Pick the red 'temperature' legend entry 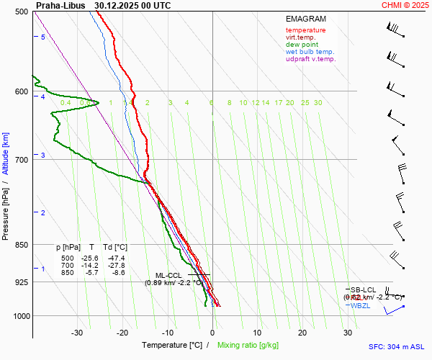pyautogui.click(x=305, y=30)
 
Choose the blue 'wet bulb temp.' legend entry pyautogui.click(x=310, y=52)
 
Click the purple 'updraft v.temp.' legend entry pyautogui.click(x=310, y=59)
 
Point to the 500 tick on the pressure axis pyautogui.click(x=22, y=12)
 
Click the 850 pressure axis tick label pyautogui.click(x=22, y=245)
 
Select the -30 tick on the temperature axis pyautogui.click(x=77, y=333)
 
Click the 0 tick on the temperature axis pyautogui.click(x=212, y=333)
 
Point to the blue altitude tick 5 pyautogui.click(x=42, y=37)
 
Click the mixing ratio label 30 pyautogui.click(x=318, y=103)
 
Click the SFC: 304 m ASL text pyautogui.click(x=396, y=346)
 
